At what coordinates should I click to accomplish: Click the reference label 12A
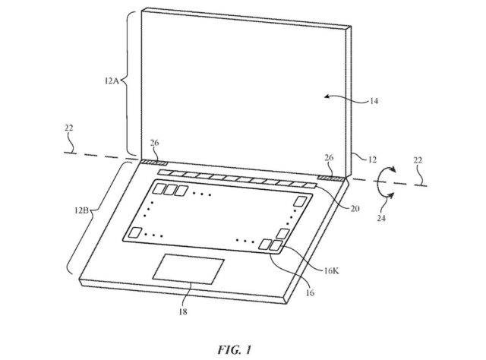(112, 81)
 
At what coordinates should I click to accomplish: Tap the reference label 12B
(81, 210)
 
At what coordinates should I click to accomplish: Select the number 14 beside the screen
(374, 101)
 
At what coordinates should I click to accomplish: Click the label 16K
(331, 270)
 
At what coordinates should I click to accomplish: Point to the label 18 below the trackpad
(183, 311)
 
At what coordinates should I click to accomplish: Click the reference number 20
(355, 208)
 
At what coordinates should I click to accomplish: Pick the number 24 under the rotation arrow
(381, 218)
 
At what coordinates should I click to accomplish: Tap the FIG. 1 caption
(235, 350)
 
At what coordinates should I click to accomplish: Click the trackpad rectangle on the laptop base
(188, 269)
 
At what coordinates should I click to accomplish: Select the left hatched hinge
(154, 163)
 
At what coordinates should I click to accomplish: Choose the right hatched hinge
(331, 178)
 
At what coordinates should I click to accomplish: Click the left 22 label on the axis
(69, 128)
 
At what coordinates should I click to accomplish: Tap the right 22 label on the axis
(418, 160)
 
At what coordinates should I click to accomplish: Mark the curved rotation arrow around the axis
(377, 183)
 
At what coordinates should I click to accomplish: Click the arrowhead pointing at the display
(327, 96)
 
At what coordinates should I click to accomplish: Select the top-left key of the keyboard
(160, 188)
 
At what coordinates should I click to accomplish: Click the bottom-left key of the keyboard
(135, 232)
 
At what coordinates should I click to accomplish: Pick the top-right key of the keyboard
(300, 201)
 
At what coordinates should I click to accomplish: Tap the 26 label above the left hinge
(154, 143)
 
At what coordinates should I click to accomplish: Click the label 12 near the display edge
(372, 159)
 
